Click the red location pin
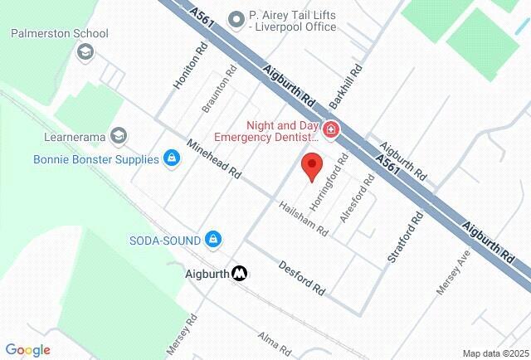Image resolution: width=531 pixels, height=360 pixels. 311,166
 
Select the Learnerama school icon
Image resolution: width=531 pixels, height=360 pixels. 119,135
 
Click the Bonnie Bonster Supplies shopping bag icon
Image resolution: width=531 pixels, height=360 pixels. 172,158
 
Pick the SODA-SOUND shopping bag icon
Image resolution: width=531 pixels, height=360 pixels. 213,240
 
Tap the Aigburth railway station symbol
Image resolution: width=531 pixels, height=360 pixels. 240,272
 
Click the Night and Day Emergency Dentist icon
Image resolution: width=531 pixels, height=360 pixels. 330,130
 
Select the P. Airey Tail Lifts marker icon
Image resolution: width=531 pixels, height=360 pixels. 236,16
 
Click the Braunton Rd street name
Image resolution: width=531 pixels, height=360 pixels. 214,93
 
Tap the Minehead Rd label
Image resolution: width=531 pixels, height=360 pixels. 213,159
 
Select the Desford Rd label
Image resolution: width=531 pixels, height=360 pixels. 302,279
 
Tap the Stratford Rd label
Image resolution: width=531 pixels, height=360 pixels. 406,238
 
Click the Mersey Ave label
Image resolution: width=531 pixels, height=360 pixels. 454,271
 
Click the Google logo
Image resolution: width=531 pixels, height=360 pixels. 27,350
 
